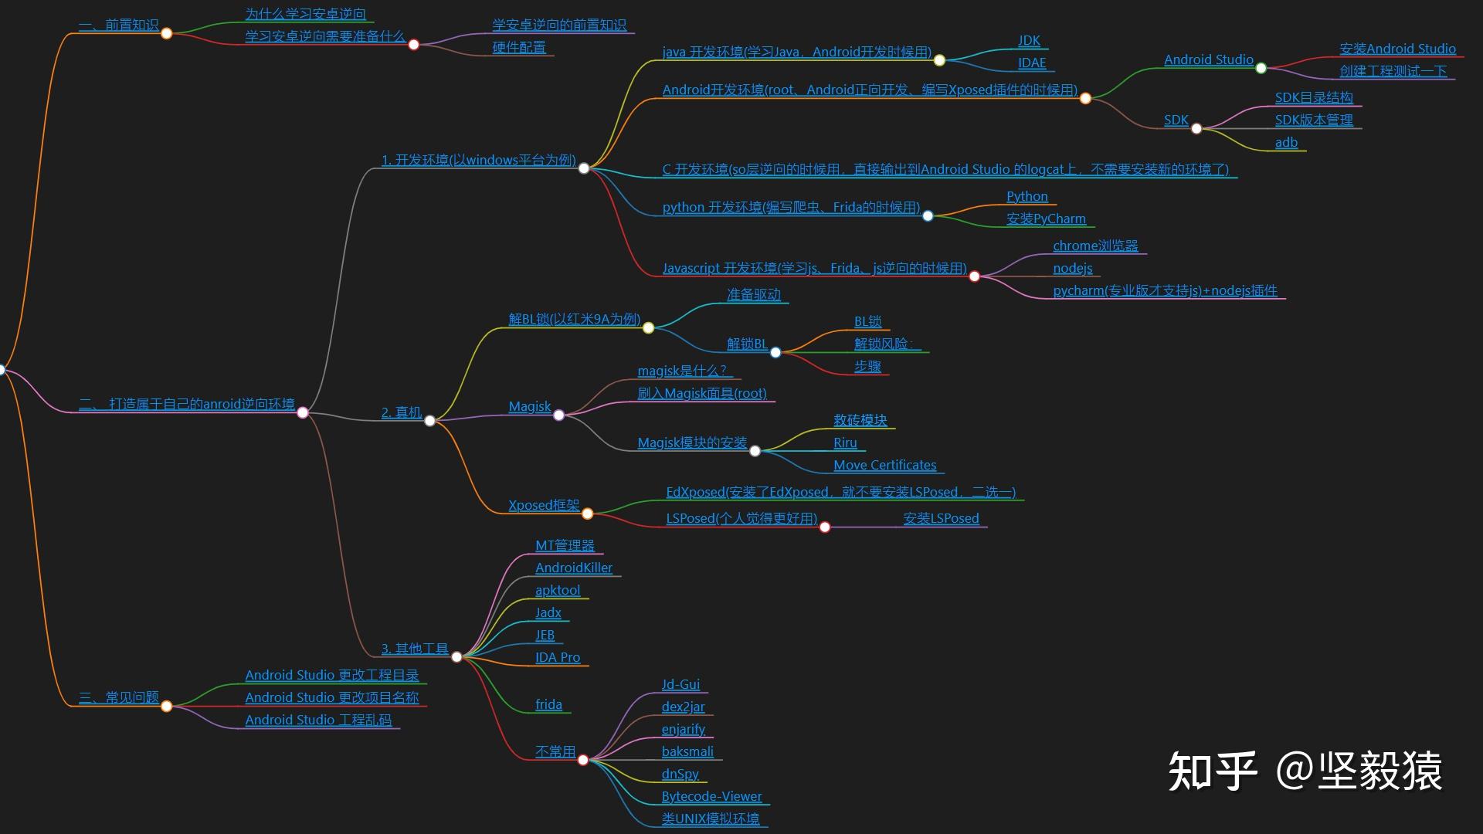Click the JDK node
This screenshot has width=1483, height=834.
tap(1029, 41)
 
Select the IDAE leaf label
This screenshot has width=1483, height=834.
tap(1032, 63)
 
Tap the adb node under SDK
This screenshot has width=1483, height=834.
tap(1286, 143)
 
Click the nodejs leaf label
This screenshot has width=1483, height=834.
tap(1072, 269)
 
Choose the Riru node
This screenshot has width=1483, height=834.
tap(845, 443)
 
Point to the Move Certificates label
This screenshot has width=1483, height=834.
tap(884, 466)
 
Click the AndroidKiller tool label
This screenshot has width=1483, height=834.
tap(573, 568)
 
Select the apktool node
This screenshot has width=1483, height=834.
tap(557, 591)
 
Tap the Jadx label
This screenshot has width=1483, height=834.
tap(548, 613)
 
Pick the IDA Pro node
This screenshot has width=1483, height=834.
tap(557, 658)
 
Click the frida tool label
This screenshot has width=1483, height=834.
tap(548, 705)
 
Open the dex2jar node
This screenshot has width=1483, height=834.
tap(683, 707)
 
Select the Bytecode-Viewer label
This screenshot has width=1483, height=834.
tap(711, 797)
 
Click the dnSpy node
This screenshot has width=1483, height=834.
tap(680, 775)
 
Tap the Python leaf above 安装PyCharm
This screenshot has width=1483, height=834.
tap(1027, 197)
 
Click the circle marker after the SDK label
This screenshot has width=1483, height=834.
tap(1196, 129)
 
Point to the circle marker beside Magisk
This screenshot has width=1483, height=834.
tap(558, 415)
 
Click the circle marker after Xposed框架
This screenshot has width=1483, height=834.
tap(587, 514)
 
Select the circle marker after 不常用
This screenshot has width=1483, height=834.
tap(583, 761)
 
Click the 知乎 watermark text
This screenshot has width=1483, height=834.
tap(1211, 771)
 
